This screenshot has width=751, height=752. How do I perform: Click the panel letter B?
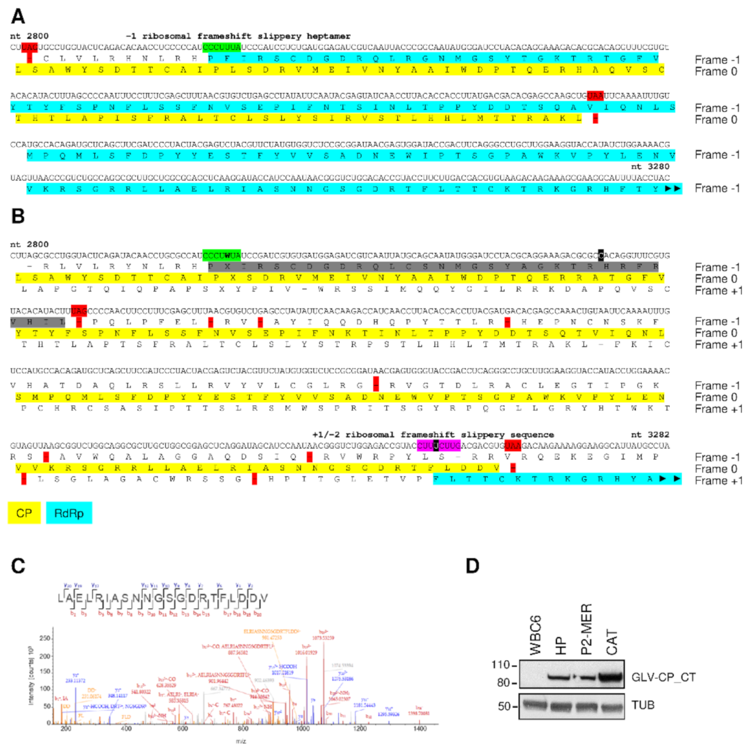point(18,215)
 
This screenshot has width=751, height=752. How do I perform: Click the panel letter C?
point(18,565)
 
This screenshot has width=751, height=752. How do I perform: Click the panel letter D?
point(472,565)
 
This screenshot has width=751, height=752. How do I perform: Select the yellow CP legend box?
point(24,513)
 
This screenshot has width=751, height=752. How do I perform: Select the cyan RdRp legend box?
point(69,513)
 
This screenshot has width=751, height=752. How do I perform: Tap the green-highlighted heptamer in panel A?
point(222,47)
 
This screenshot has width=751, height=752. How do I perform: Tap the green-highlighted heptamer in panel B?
point(222,256)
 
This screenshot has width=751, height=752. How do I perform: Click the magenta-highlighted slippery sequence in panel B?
point(438,446)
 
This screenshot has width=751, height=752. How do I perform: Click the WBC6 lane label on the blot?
point(536,635)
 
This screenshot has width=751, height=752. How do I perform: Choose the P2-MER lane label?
point(587,629)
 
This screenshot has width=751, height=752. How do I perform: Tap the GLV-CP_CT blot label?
point(663,677)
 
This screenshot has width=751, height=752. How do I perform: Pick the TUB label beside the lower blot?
point(643,705)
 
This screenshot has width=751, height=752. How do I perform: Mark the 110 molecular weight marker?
point(501,665)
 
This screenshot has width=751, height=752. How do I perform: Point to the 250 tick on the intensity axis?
point(45,638)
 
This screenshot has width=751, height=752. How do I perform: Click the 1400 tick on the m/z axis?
point(420,728)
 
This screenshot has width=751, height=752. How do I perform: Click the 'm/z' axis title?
point(241,741)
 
